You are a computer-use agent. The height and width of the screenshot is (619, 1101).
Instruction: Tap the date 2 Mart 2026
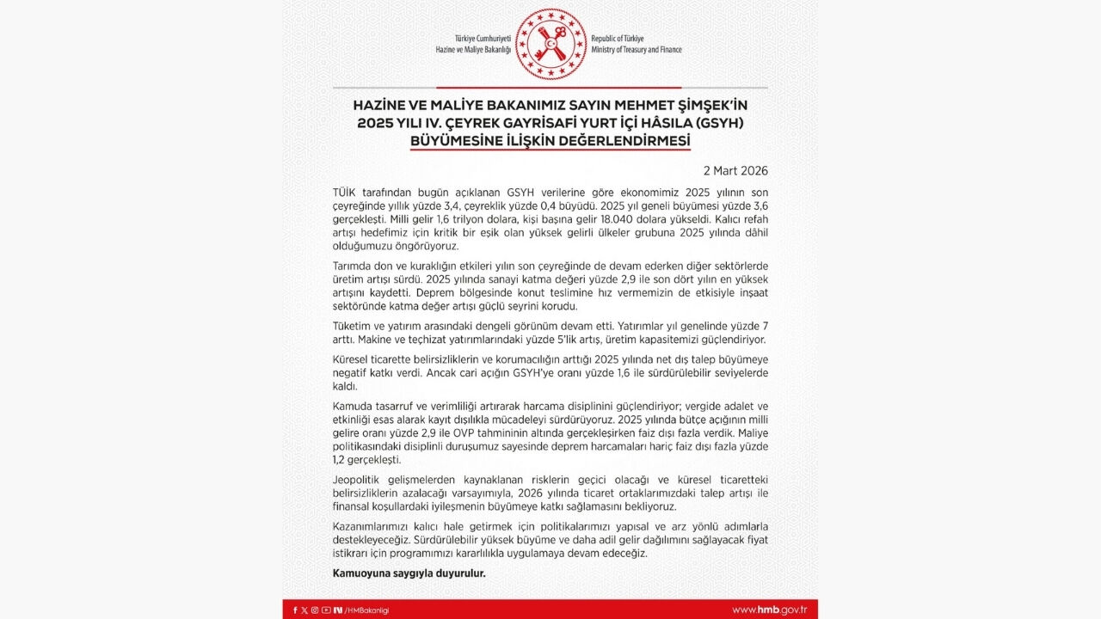point(735,171)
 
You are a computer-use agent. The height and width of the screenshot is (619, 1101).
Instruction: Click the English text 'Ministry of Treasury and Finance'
point(636,50)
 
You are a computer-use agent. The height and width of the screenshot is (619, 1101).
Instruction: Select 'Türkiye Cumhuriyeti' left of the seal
point(483,40)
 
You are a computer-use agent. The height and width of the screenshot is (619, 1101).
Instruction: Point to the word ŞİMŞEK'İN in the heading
point(713,104)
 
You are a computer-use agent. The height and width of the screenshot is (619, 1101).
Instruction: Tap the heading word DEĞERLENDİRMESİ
point(618,140)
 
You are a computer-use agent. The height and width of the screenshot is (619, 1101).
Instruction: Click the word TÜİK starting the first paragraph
point(344,192)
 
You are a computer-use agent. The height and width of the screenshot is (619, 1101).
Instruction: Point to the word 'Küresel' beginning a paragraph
point(353,359)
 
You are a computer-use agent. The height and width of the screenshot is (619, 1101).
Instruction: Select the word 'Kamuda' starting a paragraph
point(353,406)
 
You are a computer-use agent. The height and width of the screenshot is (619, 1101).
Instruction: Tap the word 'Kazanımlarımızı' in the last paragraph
point(373,525)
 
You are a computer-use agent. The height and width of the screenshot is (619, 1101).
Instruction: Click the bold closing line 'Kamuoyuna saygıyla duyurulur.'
point(409,573)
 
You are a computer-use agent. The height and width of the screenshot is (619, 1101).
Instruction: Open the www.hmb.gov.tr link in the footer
point(769,610)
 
